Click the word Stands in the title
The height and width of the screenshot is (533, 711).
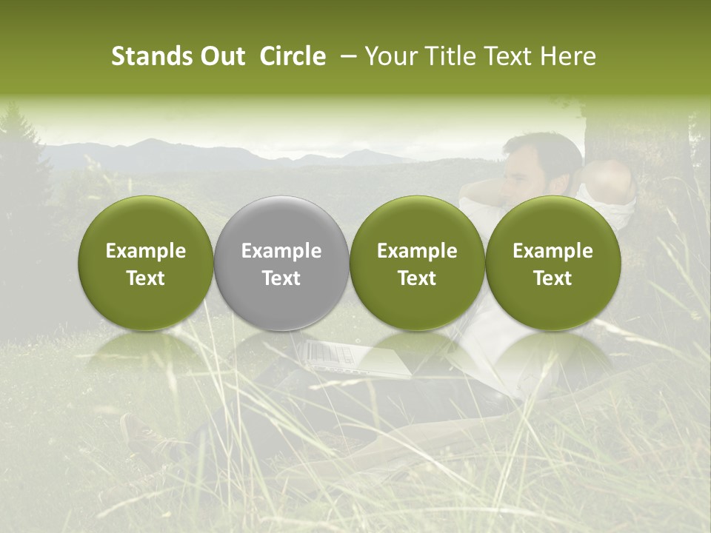click(147, 56)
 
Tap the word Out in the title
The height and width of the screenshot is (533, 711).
click(221, 56)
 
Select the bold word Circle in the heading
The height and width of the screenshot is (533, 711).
click(293, 56)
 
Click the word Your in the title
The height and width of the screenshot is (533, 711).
click(388, 56)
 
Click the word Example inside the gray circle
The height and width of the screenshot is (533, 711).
click(281, 251)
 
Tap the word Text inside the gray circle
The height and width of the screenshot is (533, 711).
click(281, 278)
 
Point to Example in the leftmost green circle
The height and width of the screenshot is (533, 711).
click(146, 251)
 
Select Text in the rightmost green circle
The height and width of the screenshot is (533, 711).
click(553, 278)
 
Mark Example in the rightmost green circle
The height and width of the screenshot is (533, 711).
click(553, 251)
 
